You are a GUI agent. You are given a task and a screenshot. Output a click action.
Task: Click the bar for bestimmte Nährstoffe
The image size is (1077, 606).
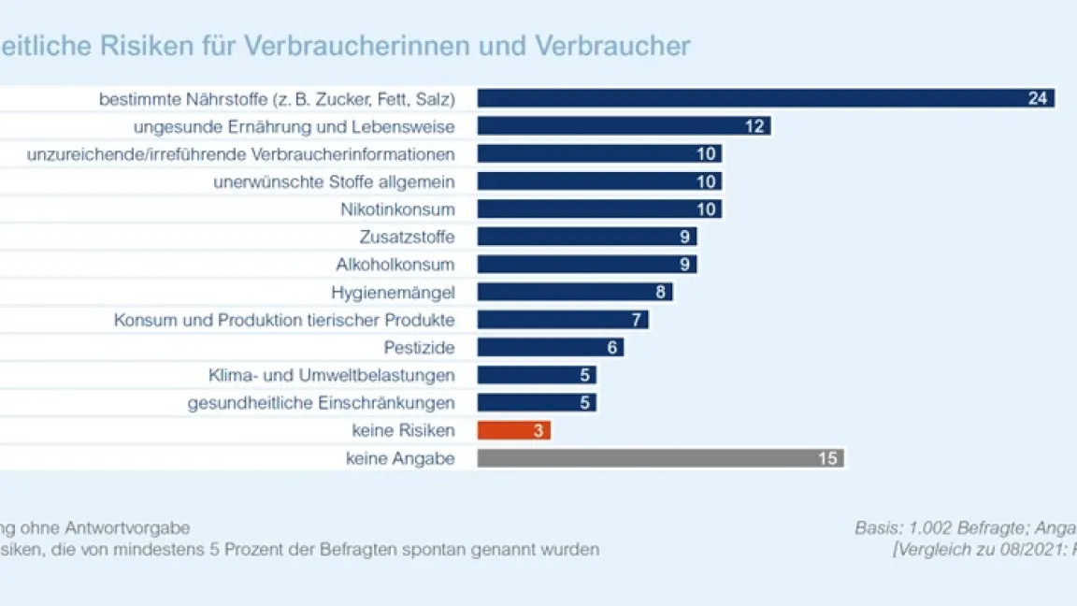748,98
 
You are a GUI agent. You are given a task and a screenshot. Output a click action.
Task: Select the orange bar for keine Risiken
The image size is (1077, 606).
513,430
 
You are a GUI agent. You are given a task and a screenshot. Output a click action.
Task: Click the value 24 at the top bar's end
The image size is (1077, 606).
1038,98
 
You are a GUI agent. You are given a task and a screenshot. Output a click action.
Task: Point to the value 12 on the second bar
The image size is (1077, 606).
754,126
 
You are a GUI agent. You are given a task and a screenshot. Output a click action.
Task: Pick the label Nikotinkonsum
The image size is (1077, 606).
397,209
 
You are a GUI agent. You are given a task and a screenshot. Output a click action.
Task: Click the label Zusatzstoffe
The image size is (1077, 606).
407,237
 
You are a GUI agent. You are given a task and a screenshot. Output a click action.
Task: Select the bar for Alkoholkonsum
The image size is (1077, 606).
580,265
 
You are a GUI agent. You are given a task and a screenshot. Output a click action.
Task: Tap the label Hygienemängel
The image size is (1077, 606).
393,293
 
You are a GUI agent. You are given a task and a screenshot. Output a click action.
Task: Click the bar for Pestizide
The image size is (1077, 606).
542,348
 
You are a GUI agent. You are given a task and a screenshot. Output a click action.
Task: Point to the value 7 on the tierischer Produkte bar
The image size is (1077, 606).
636,320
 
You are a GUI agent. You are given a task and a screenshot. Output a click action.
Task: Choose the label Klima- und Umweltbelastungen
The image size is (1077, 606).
332,376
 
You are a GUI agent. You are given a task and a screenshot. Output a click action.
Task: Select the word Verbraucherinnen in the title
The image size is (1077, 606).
388,46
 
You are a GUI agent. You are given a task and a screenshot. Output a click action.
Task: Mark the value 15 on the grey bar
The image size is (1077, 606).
827,458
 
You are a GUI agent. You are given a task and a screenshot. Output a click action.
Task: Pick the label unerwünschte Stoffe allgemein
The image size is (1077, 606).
334,181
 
